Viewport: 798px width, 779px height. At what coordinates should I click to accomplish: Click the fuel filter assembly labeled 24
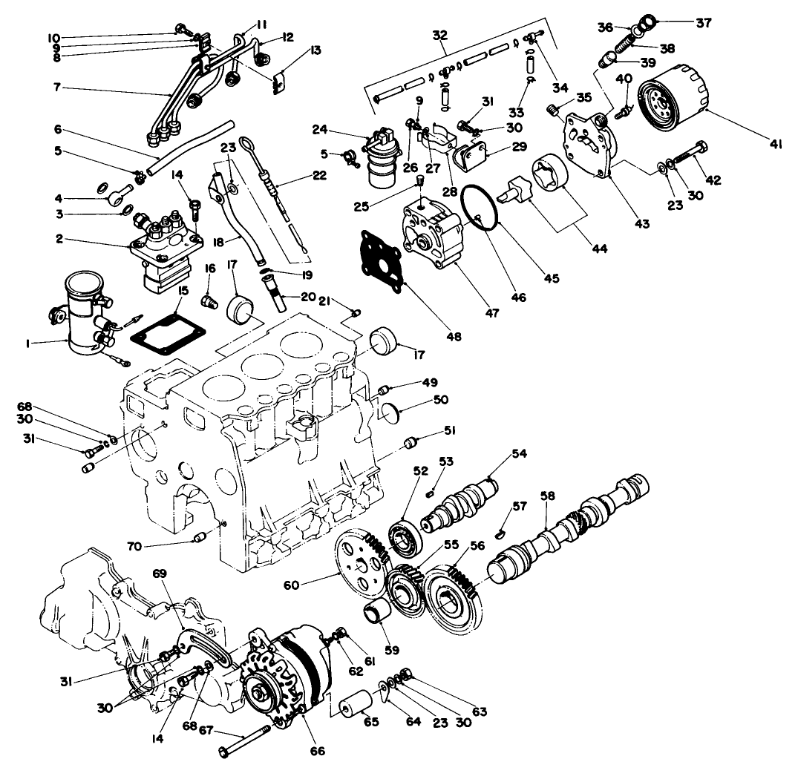point(384,157)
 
